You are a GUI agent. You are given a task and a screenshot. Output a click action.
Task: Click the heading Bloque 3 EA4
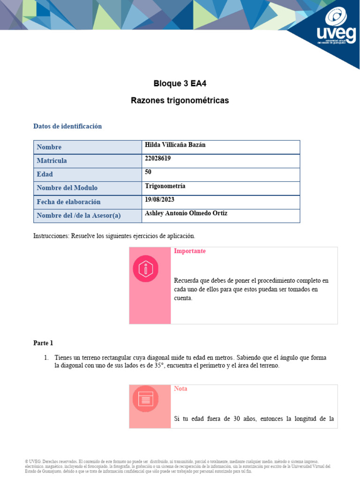pos(180,84)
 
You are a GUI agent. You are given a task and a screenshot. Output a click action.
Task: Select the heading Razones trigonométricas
pos(180,101)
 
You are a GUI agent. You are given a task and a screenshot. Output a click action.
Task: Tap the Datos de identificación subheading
pos(67,127)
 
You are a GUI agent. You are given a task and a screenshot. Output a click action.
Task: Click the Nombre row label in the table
pos(49,147)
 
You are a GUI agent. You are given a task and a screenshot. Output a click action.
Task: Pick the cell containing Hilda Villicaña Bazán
pos(175,145)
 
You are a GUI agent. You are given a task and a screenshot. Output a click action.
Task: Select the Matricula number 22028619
pos(158,158)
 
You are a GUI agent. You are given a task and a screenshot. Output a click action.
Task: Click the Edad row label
pos(45,174)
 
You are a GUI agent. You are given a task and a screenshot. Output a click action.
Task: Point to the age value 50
pos(149,172)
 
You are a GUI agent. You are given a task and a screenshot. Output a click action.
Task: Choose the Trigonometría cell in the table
pos(165,186)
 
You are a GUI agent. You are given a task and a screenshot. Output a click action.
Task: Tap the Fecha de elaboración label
pos(68,202)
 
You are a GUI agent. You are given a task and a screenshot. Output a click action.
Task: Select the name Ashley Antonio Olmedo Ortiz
pos(186,213)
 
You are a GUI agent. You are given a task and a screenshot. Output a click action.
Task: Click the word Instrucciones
pos(51,236)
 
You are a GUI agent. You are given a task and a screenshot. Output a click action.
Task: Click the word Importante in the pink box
pos(190,251)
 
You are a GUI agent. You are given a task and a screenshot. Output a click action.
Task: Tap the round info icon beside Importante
pos(146,269)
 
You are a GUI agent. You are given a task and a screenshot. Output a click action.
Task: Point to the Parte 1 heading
pos(43,343)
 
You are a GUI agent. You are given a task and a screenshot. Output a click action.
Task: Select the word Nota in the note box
pos(180,389)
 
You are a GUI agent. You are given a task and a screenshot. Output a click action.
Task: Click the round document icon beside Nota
pos(145,399)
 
